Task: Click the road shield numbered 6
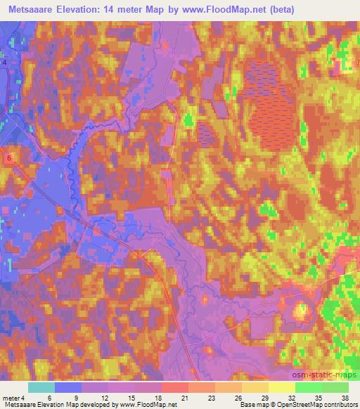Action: [8, 158]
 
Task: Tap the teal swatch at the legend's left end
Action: [41, 387]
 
